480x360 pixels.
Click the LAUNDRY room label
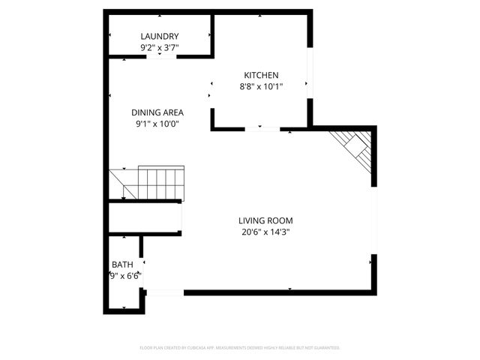point(160,36)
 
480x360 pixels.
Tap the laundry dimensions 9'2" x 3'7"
point(160,48)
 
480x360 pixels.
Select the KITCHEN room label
point(261,75)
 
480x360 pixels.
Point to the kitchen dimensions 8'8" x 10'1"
point(261,86)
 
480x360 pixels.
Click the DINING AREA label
point(157,112)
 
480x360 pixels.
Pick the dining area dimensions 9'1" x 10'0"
point(157,124)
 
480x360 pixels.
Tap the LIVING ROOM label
point(265,220)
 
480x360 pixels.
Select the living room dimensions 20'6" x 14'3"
point(265,232)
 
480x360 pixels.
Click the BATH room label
point(122,265)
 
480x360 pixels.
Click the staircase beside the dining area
point(147,183)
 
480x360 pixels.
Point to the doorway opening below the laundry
point(160,56)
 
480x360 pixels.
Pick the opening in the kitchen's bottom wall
point(262,129)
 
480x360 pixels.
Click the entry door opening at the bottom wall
point(163,292)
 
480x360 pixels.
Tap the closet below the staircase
point(144,217)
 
